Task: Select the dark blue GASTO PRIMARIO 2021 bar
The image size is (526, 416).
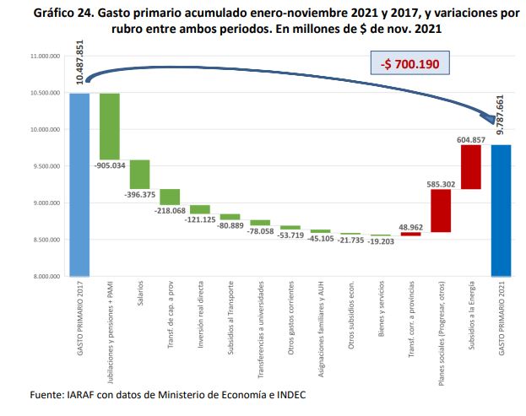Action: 502,210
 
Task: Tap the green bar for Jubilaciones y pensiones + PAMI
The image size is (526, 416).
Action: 110,126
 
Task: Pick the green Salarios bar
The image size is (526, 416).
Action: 139,174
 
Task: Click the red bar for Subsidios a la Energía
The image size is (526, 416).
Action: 470,167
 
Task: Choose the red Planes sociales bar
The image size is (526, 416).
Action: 441,210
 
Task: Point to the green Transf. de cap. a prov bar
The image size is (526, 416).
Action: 170,197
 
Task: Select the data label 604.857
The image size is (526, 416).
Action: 470,138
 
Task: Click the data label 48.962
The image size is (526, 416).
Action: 411,225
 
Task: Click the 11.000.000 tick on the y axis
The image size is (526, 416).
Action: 42,57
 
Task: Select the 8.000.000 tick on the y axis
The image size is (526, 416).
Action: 42,276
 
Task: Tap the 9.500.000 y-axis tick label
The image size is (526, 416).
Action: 42,166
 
